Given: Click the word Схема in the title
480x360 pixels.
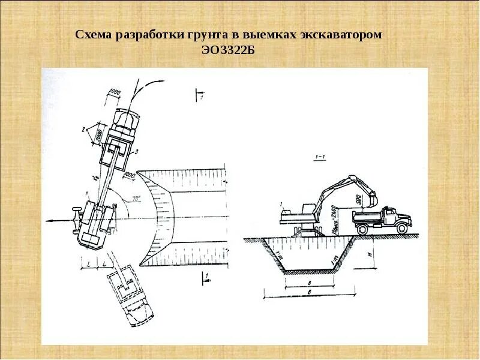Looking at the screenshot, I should (x=95, y=36).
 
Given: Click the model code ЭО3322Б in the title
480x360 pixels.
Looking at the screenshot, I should (x=229, y=50).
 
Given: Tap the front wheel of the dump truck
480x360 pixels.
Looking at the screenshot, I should (x=401, y=227).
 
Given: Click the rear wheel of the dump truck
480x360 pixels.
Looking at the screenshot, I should (x=362, y=227).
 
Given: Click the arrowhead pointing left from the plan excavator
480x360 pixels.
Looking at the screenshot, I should (x=48, y=221).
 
